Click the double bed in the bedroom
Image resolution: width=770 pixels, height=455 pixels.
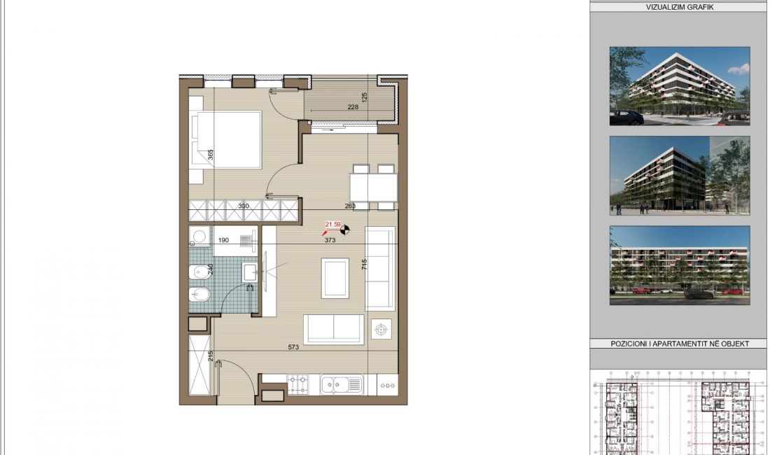point(225,140)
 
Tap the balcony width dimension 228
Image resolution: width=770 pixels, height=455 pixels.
point(353,107)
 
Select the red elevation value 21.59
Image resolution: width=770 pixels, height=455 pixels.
point(332,225)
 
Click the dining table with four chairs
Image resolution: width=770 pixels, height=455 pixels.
point(374,187)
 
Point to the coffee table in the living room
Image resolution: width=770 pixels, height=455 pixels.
point(335,277)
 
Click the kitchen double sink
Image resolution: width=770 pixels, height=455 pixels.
point(341,384)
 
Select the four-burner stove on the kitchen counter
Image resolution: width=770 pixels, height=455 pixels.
point(297,383)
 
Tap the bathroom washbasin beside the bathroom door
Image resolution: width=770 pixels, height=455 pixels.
point(250,272)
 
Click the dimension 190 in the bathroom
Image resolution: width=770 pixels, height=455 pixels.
point(223,240)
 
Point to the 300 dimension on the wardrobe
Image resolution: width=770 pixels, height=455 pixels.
point(244,206)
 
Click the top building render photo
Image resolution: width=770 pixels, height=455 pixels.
point(679,86)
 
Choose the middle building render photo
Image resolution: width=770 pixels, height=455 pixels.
point(679,176)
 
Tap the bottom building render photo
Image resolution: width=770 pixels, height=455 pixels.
point(679,265)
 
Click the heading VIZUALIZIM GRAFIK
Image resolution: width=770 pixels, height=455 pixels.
point(679,8)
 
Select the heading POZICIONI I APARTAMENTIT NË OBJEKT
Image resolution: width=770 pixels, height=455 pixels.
point(679,344)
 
